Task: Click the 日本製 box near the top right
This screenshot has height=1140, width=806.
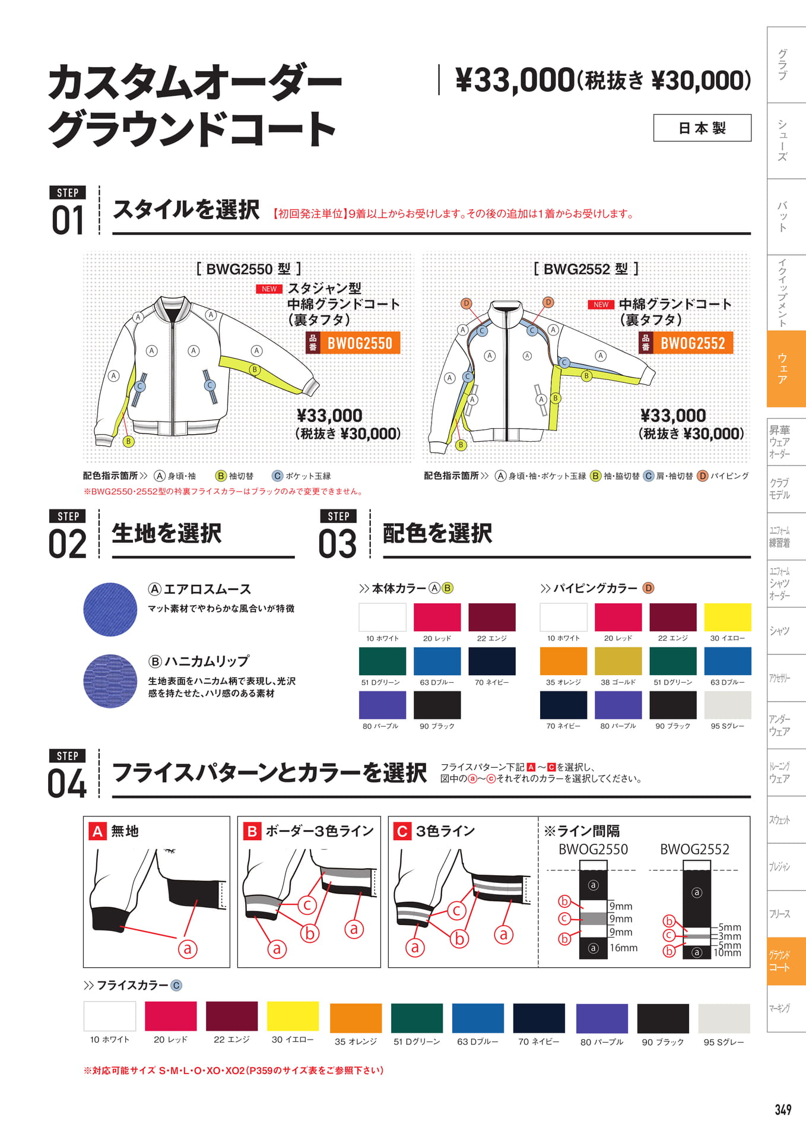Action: point(702,128)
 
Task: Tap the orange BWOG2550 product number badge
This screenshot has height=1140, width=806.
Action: point(353,343)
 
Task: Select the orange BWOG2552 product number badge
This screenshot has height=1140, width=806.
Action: point(686,343)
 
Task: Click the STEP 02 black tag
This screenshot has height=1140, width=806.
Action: point(68,516)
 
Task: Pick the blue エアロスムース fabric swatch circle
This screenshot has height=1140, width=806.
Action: point(110,610)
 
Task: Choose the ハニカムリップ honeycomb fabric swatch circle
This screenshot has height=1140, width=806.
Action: point(110,681)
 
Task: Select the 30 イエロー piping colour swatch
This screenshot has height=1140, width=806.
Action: point(727,617)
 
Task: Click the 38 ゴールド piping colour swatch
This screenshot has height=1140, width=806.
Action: point(618,661)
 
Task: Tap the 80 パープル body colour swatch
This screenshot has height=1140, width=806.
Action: point(382,705)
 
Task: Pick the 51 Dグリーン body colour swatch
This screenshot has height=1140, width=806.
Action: point(382,661)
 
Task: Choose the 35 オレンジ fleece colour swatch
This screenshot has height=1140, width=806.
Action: point(356,1018)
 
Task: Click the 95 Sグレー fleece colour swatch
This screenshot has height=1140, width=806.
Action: point(724,1018)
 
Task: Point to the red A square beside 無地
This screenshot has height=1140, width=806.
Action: point(97,831)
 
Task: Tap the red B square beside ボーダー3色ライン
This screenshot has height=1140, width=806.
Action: point(252,831)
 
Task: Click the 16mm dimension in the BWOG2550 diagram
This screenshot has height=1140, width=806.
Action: point(623,948)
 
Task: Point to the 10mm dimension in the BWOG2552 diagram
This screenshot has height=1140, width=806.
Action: point(727,953)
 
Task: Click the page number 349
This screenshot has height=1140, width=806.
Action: point(783,1110)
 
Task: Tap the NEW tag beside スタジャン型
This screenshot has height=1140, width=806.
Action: point(269,289)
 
